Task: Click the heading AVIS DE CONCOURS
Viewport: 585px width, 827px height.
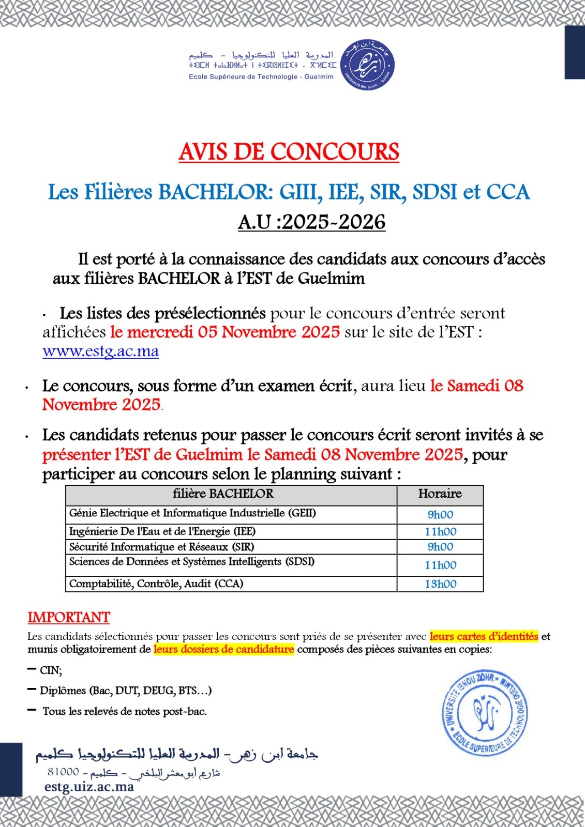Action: pyautogui.click(x=289, y=152)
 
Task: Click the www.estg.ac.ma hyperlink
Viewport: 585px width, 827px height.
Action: pyautogui.click(x=100, y=351)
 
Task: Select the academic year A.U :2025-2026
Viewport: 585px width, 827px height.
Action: pyautogui.click(x=311, y=222)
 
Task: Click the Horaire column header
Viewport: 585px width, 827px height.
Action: pyautogui.click(x=440, y=494)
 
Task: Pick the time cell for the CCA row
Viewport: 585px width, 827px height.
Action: pyautogui.click(x=440, y=584)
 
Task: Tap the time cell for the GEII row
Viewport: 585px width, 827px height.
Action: pyautogui.click(x=440, y=515)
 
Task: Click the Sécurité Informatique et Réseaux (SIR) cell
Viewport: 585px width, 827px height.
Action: pyautogui.click(x=162, y=547)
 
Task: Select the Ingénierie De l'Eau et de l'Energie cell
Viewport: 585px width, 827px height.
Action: pyautogui.click(x=162, y=531)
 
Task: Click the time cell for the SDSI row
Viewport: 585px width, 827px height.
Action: pyautogui.click(x=440, y=565)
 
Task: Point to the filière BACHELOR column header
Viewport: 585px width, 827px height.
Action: pyautogui.click(x=223, y=494)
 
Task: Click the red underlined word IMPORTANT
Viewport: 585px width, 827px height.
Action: pyautogui.click(x=69, y=618)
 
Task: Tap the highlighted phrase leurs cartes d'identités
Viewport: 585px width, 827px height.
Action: pyautogui.click(x=484, y=636)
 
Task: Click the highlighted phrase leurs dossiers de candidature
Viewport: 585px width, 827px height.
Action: pyautogui.click(x=223, y=649)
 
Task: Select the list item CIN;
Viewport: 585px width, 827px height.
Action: pyautogui.click(x=51, y=670)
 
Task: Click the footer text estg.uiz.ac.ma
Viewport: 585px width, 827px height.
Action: pyautogui.click(x=89, y=787)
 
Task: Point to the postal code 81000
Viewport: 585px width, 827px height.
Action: pyautogui.click(x=63, y=772)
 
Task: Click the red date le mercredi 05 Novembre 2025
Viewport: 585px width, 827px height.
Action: pyautogui.click(x=225, y=332)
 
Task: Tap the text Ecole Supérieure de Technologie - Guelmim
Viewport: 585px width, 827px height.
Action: pyautogui.click(x=261, y=77)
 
